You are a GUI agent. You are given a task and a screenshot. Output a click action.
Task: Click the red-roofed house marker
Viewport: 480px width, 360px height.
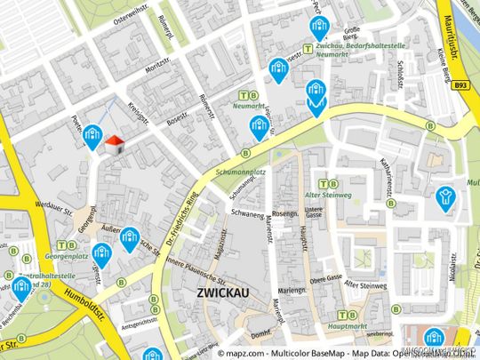click(x=114, y=145)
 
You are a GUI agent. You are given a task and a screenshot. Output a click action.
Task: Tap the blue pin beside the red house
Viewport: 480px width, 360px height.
click(x=92, y=136)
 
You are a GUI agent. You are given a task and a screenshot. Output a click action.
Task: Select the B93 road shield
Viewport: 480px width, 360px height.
click(x=459, y=86)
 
